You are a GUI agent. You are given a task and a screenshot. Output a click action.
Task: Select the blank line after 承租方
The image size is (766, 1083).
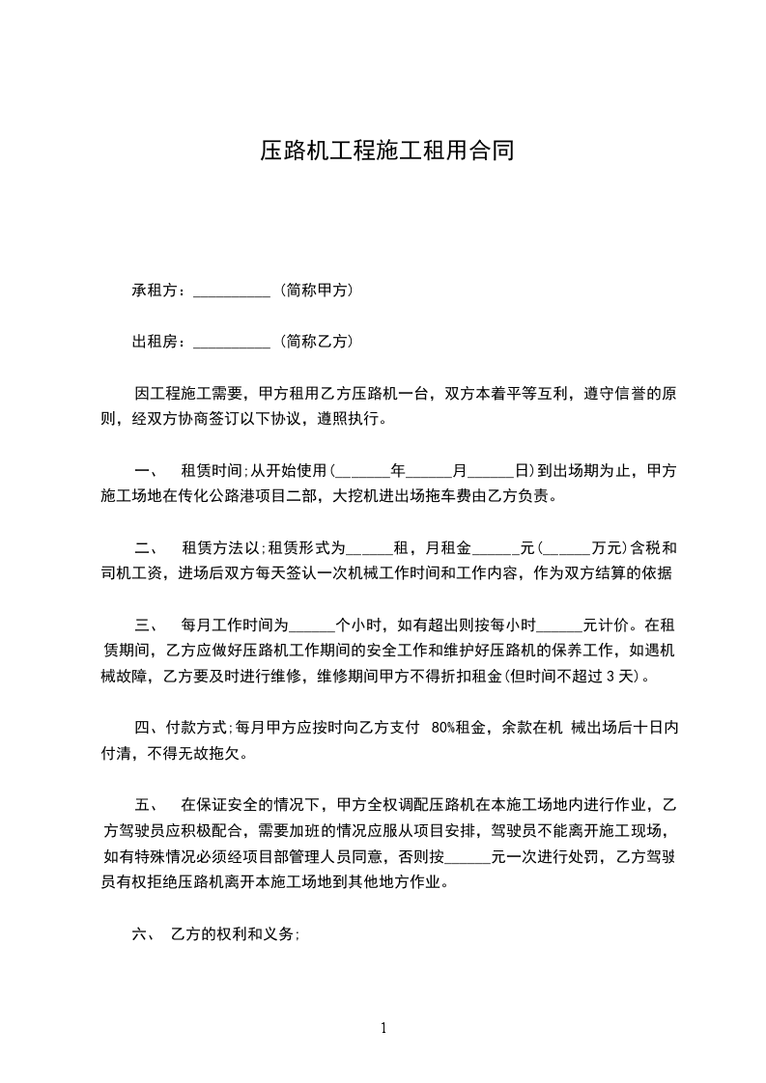[x=232, y=292]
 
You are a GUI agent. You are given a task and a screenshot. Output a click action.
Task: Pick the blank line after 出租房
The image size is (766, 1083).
[x=232, y=343]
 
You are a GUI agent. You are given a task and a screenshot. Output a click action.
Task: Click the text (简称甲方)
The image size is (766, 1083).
[x=315, y=290]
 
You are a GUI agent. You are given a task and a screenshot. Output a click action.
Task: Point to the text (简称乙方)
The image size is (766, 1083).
[x=315, y=341]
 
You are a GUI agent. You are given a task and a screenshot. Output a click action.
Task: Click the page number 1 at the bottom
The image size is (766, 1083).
[x=383, y=1028]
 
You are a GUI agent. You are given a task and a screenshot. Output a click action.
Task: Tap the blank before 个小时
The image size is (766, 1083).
[x=311, y=625]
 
